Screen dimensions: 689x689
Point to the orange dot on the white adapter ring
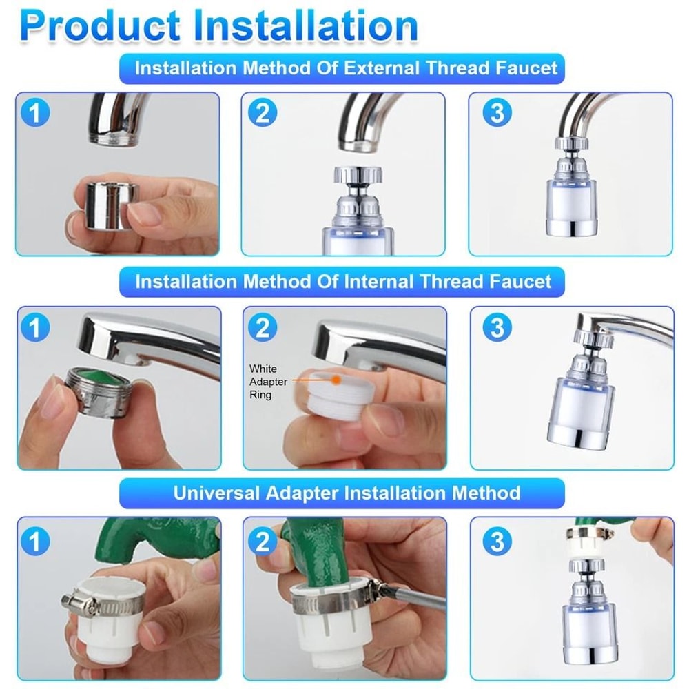pos(336,379)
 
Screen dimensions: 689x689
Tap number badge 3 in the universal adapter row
pos(497,542)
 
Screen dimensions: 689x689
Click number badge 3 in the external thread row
pos(497,112)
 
